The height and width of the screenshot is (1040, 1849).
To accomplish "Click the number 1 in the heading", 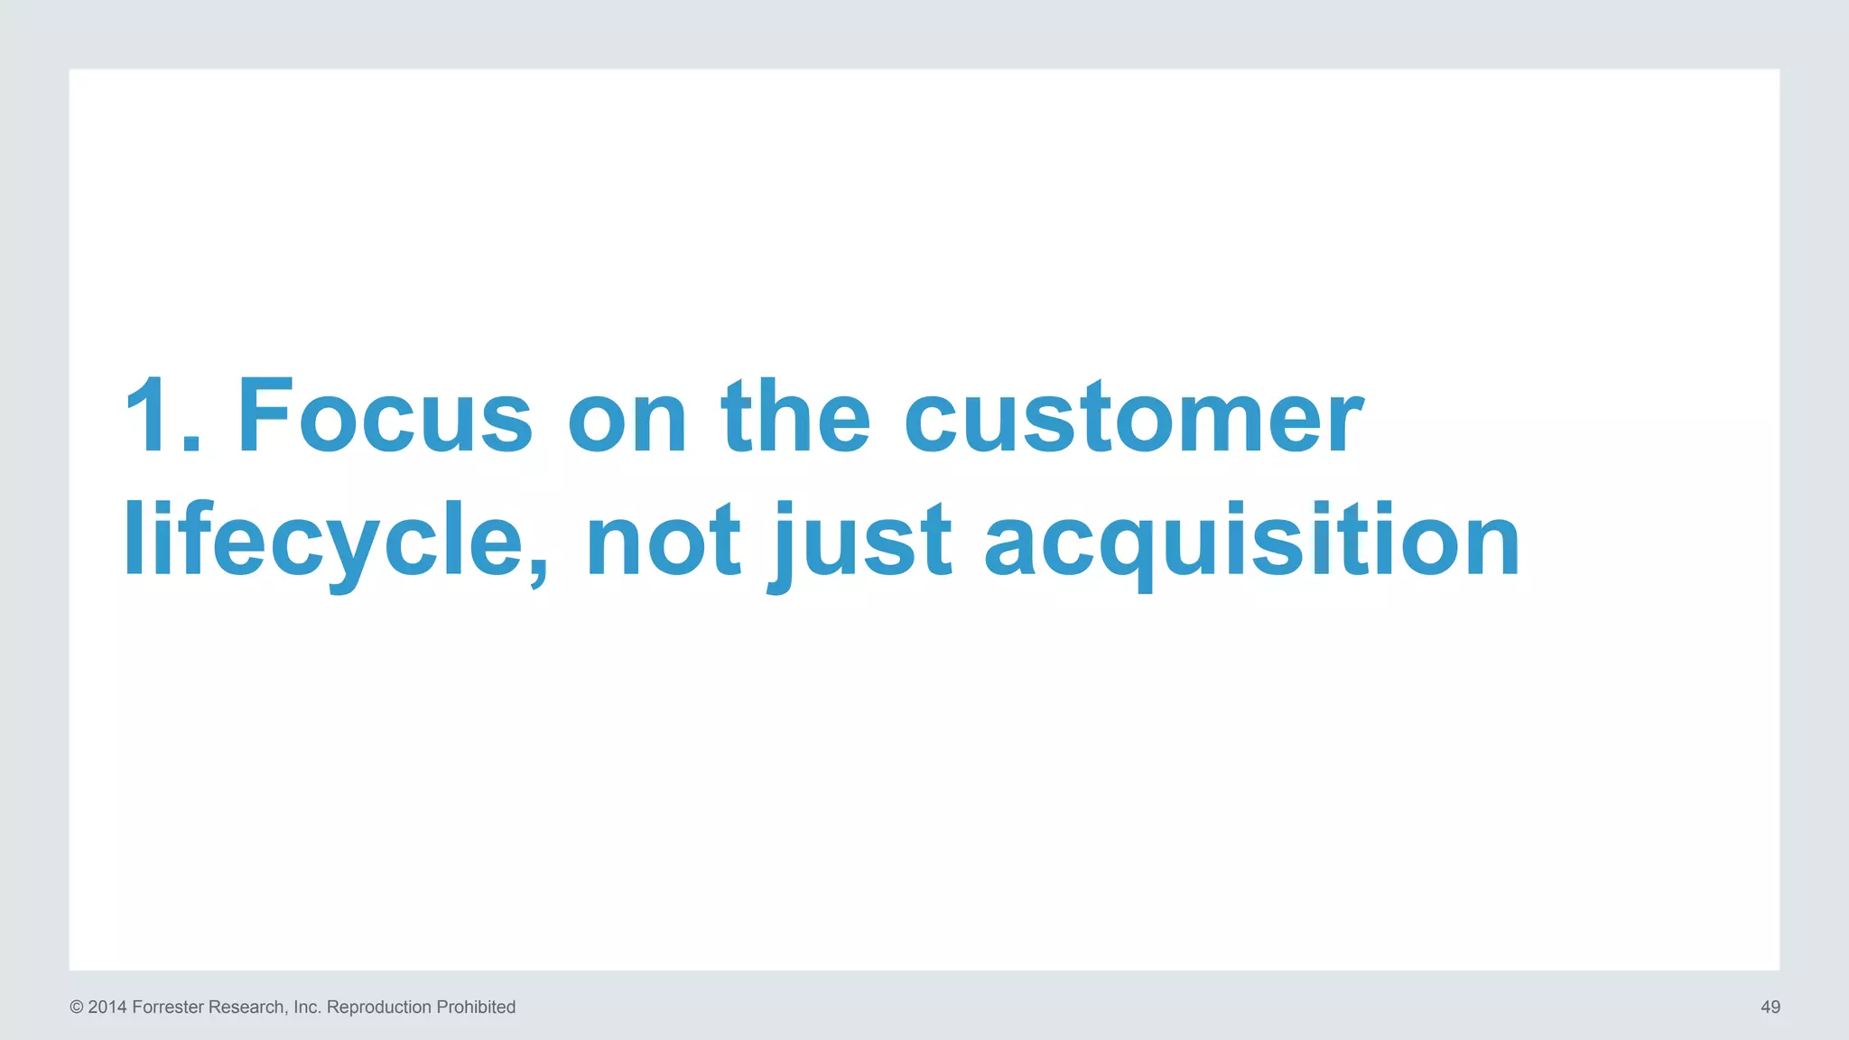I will click(146, 415).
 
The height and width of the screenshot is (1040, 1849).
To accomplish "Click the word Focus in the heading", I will click(385, 415).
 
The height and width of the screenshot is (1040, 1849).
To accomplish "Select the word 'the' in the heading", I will click(795, 415).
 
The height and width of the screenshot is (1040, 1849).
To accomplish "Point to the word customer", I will click(1133, 417).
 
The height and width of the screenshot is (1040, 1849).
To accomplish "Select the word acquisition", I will click(1252, 542).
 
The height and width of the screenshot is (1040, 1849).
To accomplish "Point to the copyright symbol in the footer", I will click(77, 1007).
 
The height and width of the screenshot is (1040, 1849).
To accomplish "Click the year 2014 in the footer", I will click(107, 1007).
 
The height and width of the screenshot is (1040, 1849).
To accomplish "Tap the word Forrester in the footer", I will click(168, 1007).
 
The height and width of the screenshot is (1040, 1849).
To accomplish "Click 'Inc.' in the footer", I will click(307, 1007).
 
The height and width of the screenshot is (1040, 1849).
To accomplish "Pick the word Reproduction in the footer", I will click(378, 1007).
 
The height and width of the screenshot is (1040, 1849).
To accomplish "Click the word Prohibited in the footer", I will click(476, 1007).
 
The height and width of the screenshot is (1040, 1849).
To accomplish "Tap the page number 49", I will click(1770, 1007).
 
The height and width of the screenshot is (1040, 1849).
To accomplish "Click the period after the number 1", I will click(190, 442).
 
